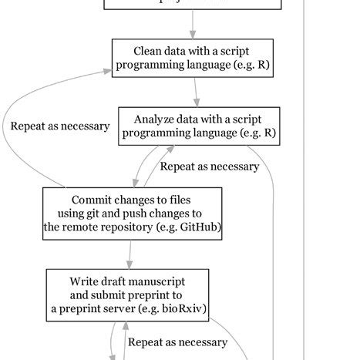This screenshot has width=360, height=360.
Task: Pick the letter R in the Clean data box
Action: pyautogui.click(x=263, y=66)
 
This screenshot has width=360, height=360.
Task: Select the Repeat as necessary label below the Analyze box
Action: pyautogui.click(x=209, y=167)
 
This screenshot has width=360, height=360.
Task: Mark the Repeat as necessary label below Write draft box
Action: pyautogui.click(x=177, y=341)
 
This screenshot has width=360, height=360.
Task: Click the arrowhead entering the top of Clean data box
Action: pyautogui.click(x=193, y=34)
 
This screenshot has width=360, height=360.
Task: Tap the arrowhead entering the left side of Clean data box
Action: pyautogui.click(x=108, y=70)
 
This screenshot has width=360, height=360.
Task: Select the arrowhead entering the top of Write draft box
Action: pyautogui.click(x=130, y=264)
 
